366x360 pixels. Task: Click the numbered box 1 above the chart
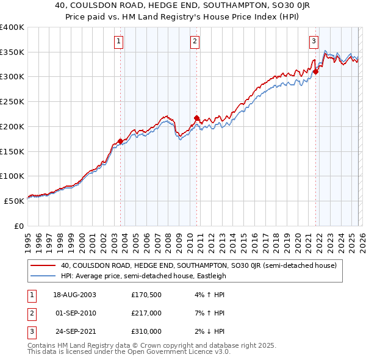118,41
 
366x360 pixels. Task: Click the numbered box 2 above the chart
195,41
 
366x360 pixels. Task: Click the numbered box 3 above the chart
314,41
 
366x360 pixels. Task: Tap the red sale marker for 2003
120,141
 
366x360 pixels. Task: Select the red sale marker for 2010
196,118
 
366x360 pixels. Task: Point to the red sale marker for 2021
315,72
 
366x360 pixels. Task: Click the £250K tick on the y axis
12,101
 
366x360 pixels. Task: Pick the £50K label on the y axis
15,200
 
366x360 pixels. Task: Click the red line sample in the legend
43,265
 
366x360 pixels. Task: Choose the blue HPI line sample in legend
43,276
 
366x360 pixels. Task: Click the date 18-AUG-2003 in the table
74,295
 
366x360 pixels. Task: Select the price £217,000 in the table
146,313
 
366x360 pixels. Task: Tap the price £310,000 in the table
146,331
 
